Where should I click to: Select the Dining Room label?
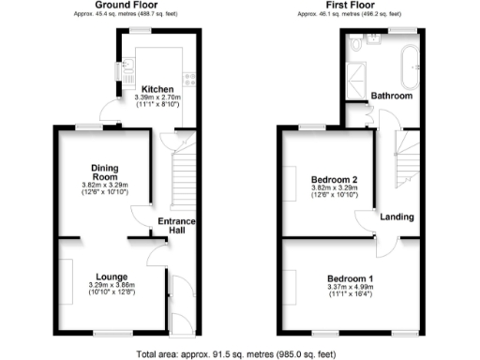tap(104, 172)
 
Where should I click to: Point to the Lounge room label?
tap(112, 277)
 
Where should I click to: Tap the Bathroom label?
tap(391, 96)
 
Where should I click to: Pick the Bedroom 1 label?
tap(351, 278)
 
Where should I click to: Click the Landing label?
tap(397, 217)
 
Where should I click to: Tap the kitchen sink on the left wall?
tap(121, 69)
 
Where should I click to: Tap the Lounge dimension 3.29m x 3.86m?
tap(112, 286)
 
